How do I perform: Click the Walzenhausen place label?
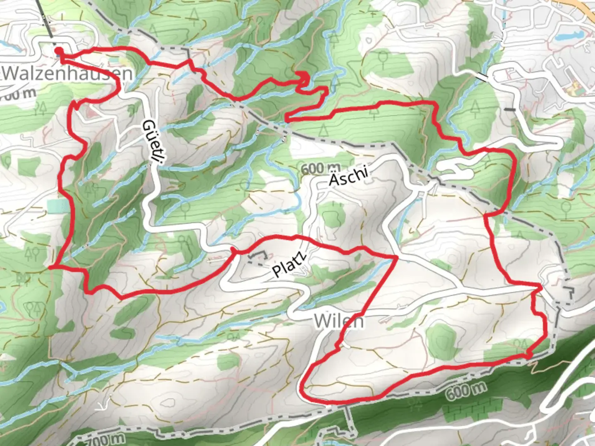point(68,74)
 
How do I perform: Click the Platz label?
point(290,265)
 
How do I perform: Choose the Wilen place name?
point(339,321)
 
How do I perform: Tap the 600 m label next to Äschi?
point(321,168)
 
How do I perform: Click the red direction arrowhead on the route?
point(304,77)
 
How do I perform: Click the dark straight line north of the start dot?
point(47,21)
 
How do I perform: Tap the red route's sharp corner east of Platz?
point(396,257)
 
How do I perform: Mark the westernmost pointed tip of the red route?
point(50,267)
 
